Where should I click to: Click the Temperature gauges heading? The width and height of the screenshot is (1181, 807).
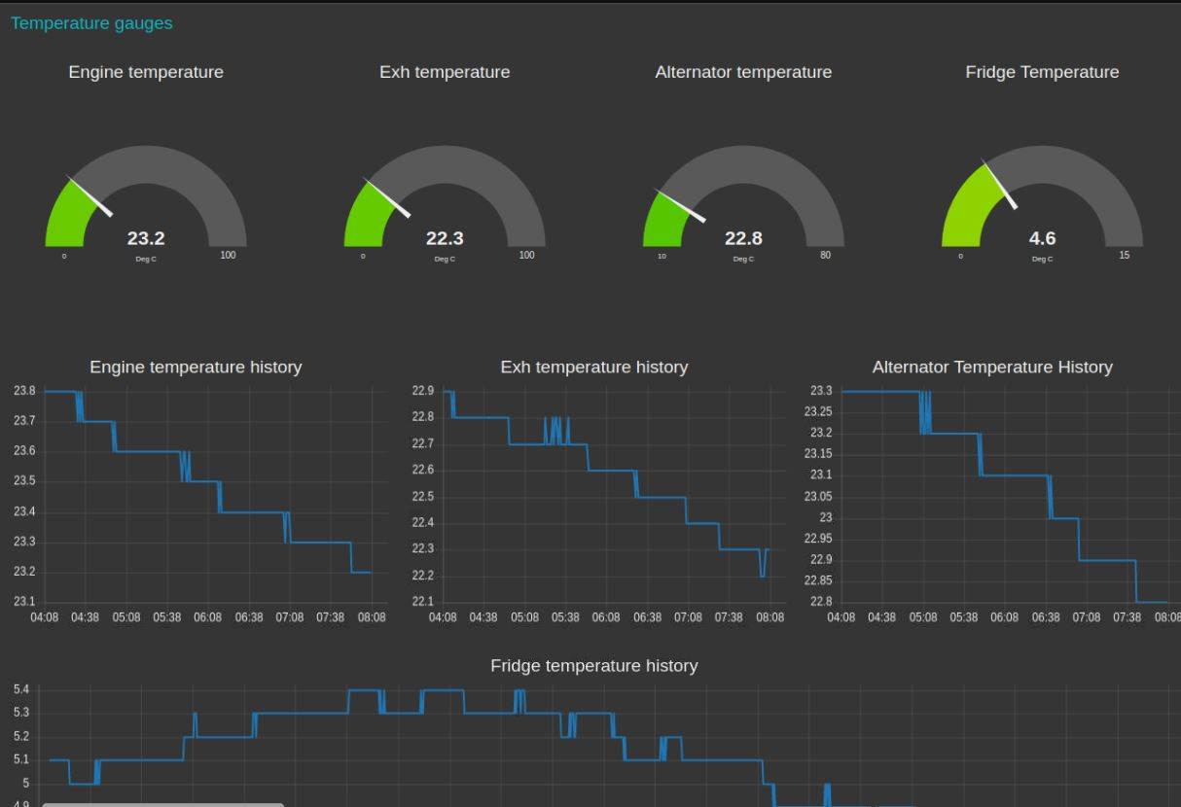pos(91,23)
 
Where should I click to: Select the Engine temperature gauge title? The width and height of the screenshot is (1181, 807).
pos(146,72)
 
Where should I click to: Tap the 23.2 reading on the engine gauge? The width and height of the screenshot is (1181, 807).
pos(146,238)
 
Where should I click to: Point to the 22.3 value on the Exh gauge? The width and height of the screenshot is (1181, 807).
pos(445,238)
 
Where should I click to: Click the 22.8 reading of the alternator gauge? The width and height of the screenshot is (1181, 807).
pos(743,238)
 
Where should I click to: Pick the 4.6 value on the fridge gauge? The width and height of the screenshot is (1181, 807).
pos(1042,238)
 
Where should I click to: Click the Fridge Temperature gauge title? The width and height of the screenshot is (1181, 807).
pos(1042,72)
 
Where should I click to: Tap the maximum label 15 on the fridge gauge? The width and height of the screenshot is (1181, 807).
pos(1125,256)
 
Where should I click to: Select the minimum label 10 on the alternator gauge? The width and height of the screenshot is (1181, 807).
pos(662,257)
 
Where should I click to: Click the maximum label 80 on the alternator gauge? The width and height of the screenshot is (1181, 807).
pos(825,256)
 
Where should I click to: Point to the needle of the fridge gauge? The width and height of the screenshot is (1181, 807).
pos(1001,186)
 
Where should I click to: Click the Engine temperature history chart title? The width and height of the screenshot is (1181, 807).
pos(196,368)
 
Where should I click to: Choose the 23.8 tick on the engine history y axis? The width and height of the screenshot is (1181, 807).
pos(24,391)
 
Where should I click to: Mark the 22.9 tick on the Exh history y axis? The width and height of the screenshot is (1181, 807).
pos(422,391)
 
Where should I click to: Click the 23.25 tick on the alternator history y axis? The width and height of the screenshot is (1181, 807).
pos(818,412)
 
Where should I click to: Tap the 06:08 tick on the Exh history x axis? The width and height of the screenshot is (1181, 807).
pos(606,617)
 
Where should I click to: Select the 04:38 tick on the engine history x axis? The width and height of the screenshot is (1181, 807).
pos(85,617)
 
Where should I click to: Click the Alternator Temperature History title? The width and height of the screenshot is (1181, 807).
pos(992,368)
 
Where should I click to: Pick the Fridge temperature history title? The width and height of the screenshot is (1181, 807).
pos(593,666)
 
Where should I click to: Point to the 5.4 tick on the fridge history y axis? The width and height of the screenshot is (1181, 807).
pos(21,690)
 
